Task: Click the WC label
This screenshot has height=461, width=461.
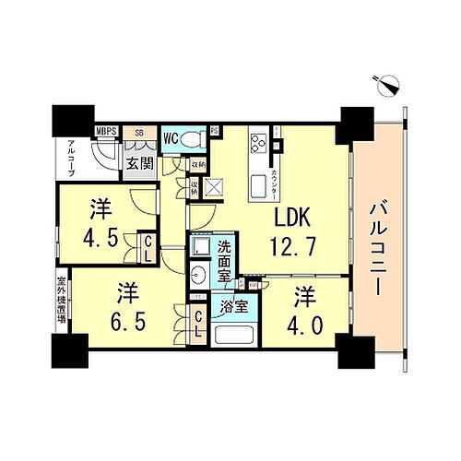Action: [x=171, y=140]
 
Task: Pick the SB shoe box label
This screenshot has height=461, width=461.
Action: [x=140, y=133]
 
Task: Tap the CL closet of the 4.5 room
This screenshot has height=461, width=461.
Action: [x=147, y=247]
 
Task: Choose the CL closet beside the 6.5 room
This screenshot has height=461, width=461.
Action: [x=197, y=324]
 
